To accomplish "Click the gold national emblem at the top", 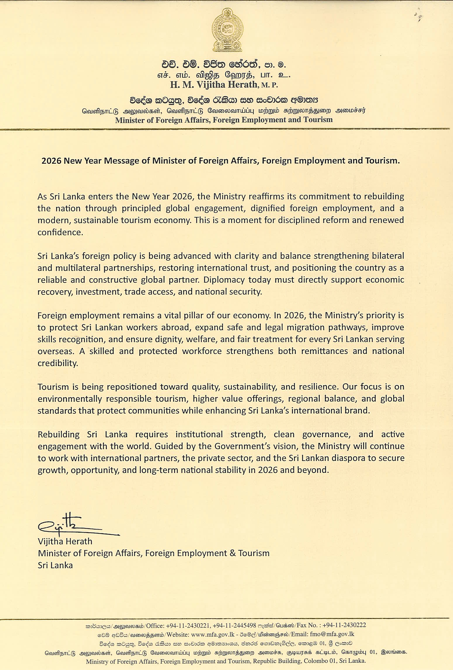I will tap(226, 30).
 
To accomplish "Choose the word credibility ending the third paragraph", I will tap(58, 363).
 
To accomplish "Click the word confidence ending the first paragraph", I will tap(60, 232).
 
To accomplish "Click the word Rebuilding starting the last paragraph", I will tap(58, 434).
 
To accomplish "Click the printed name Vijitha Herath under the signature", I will tap(65, 541).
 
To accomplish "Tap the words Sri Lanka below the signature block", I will tap(55, 565).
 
